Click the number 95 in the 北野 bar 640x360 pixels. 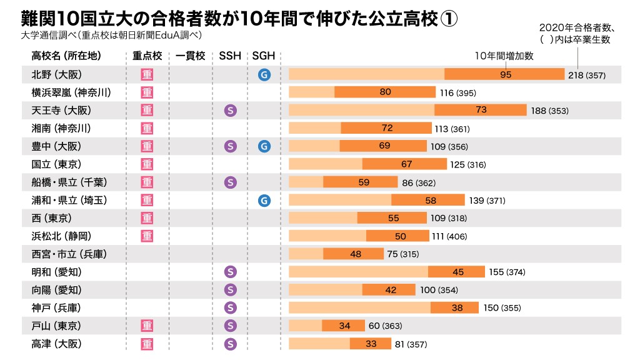(506, 74)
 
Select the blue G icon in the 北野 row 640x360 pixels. (264, 74)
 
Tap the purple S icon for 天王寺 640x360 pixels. (230, 111)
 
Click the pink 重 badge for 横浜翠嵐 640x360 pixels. (147, 92)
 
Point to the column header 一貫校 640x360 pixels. (191, 56)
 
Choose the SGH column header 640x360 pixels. (264, 56)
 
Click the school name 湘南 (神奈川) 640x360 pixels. (61, 129)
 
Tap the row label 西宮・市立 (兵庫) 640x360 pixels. (69, 254)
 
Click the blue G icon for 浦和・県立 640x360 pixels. (264, 201)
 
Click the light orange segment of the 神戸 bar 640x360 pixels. (359, 308)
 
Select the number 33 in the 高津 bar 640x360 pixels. (371, 344)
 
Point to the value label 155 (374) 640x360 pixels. (507, 272)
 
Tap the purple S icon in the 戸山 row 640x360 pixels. (230, 326)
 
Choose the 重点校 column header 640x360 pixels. (147, 56)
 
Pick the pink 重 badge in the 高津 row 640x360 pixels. (147, 344)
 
